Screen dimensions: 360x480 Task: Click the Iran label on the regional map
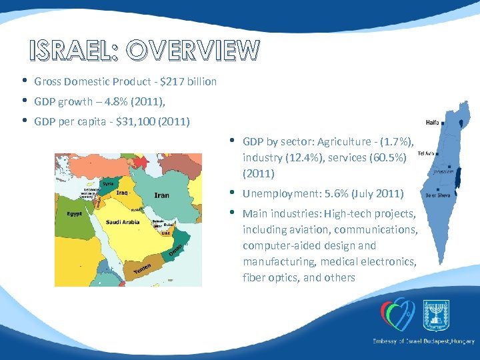[161, 195]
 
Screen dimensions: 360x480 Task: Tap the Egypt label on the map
[74, 214]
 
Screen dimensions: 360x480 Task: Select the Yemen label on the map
[142, 269]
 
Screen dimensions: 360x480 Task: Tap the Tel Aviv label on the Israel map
[426, 153]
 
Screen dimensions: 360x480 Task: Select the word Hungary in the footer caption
[459, 341]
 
